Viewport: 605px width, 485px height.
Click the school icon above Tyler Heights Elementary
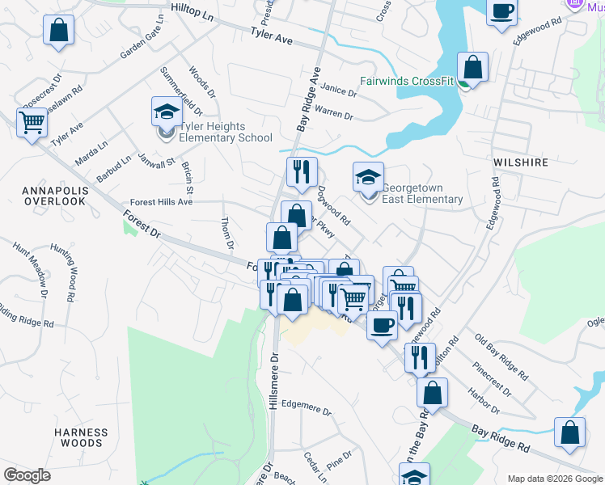tap(167, 112)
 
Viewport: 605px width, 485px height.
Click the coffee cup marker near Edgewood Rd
tap(502, 11)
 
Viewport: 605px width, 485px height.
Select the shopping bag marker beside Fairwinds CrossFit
tap(472, 67)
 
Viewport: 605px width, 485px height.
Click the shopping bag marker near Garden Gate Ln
tap(59, 31)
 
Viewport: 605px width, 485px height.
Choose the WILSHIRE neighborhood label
tap(521, 162)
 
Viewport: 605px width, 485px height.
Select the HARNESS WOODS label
tap(82, 437)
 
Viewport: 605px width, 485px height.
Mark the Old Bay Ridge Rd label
tap(501, 357)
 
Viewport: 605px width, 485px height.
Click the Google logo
tap(28, 475)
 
